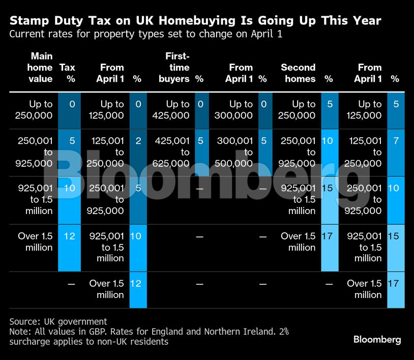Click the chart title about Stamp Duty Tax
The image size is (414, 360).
[x=195, y=21]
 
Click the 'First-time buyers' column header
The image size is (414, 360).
[x=177, y=67]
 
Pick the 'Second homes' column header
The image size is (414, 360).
[x=298, y=73]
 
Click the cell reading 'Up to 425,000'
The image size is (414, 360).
[x=171, y=109]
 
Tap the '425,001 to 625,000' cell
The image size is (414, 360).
[x=171, y=152]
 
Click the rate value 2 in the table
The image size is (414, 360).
[x=138, y=141]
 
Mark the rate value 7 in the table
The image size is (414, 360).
[x=396, y=141]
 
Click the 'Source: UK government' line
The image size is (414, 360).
[x=58, y=321]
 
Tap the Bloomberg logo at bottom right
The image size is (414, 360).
[x=377, y=339]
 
